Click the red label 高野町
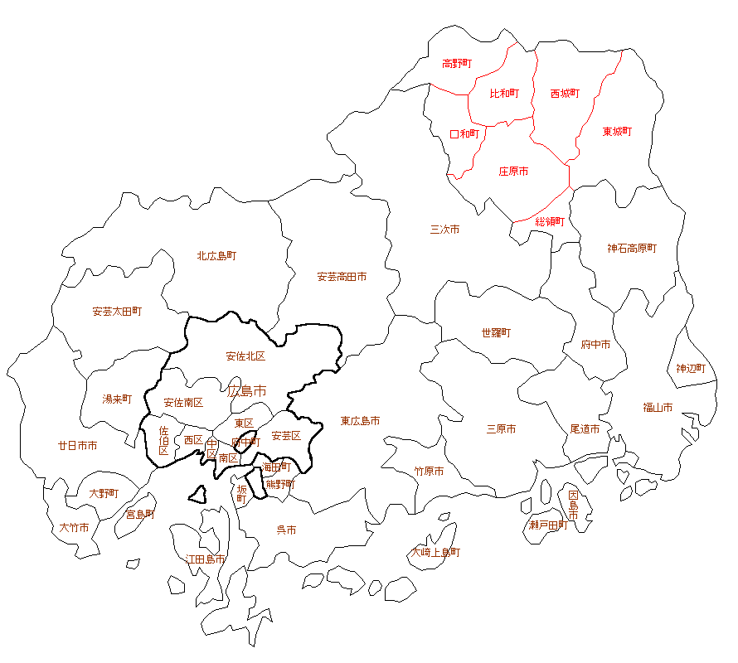click(x=457, y=63)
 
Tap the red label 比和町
click(x=503, y=94)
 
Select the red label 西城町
click(x=565, y=94)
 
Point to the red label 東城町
click(x=617, y=132)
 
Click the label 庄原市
click(x=513, y=172)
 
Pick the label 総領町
click(x=549, y=221)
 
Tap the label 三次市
click(x=444, y=230)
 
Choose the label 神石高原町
click(x=631, y=248)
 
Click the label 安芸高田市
click(x=342, y=277)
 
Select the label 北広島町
click(x=216, y=256)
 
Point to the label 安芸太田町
click(x=117, y=312)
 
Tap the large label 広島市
click(x=247, y=390)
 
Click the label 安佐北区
click(x=245, y=356)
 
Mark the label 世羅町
click(x=496, y=333)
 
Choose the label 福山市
click(x=658, y=407)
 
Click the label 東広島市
click(x=360, y=421)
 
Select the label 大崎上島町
click(x=436, y=552)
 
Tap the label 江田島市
click(x=205, y=559)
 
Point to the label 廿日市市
click(x=77, y=445)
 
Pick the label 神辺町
click(x=690, y=368)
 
